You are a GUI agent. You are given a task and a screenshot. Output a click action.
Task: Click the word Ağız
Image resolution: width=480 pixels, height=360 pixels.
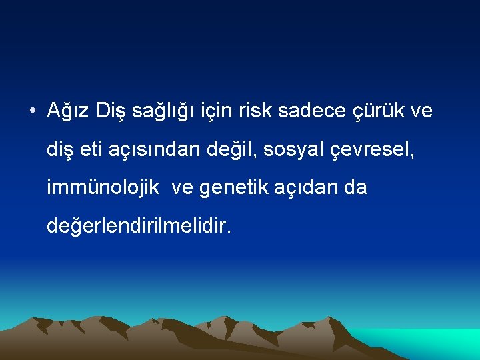pos(69,111)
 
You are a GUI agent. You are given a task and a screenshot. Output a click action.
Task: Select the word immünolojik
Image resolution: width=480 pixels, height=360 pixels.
pos(103,188)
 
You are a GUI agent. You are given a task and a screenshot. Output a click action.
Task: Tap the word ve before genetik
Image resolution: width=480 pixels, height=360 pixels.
pos(182,188)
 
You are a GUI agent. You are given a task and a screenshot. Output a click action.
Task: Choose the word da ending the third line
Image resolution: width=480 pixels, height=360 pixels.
pos(355,188)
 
